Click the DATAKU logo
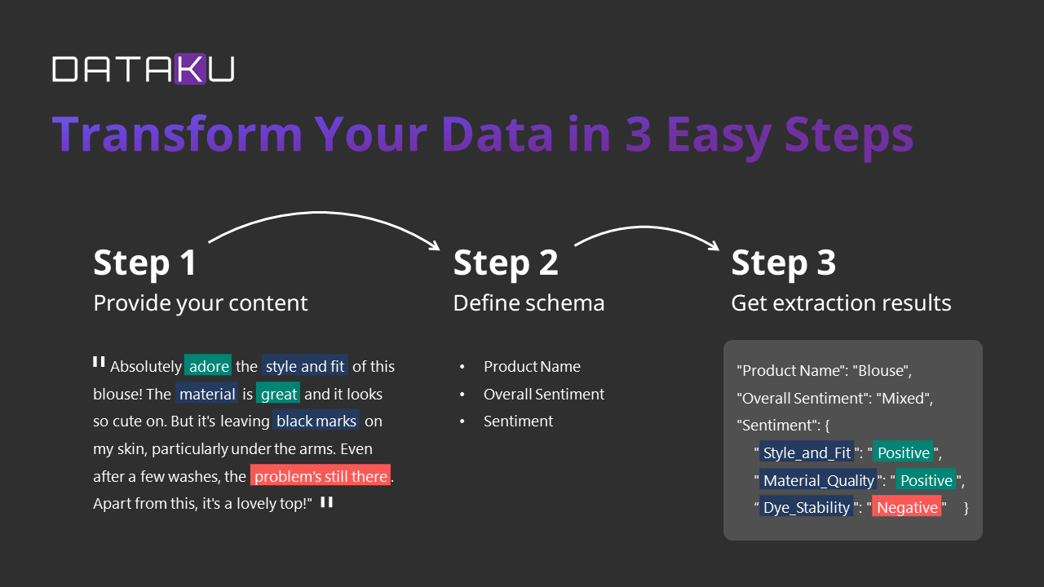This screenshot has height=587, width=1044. pos(143,68)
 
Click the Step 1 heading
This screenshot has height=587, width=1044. pos(145,263)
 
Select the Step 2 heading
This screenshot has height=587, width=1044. pos(506,263)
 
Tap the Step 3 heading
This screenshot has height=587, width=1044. pos(783,263)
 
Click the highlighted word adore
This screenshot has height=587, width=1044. pos(209,366)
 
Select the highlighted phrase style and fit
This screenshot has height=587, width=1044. pos(305,366)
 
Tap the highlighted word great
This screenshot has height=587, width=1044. pos(279,394)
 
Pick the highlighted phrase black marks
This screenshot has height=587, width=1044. pos(316,421)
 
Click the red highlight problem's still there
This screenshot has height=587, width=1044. pos(321,476)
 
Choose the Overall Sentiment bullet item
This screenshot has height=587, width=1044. pos(544,394)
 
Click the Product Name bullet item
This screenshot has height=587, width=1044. pos(532,366)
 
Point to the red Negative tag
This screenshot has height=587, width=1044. pos(907,507)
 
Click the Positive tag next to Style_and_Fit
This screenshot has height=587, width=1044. pos(903,452)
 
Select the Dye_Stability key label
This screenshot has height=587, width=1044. pos(806,507)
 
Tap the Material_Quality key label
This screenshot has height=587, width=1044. pos(819,480)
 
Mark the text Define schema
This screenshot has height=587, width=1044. pos(529,303)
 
